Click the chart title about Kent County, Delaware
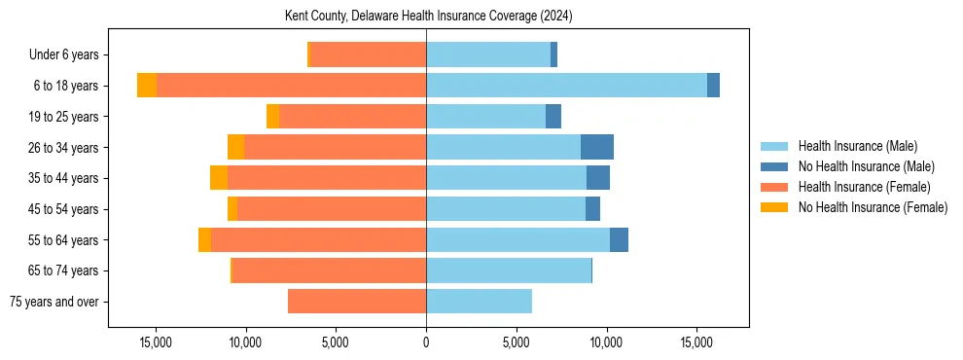click(x=428, y=17)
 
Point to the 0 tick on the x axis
click(x=426, y=342)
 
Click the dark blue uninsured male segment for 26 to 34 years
click(x=597, y=147)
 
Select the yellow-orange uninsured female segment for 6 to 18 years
click(x=147, y=86)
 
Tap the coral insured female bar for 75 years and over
click(x=357, y=302)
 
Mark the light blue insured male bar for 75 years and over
click(x=479, y=302)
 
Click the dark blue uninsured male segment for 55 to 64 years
click(x=619, y=239)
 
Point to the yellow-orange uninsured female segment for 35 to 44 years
click(x=219, y=178)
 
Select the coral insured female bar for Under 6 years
click(x=368, y=55)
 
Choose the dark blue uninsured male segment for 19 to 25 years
click(x=553, y=117)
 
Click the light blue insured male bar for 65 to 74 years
click(x=509, y=270)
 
